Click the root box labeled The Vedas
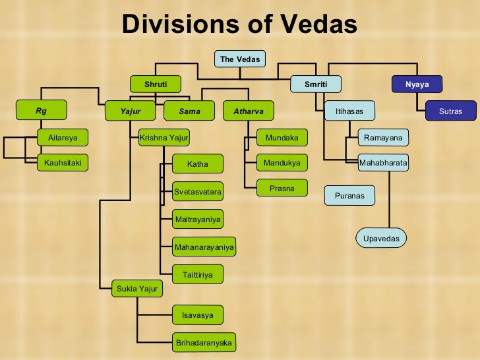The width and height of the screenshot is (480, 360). pyautogui.click(x=240, y=59)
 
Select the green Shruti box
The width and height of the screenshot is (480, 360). pyautogui.click(x=156, y=84)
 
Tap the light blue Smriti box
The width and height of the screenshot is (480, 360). pyautogui.click(x=316, y=84)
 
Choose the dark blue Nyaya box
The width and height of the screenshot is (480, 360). pyautogui.click(x=417, y=84)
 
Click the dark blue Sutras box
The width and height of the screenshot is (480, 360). pyautogui.click(x=450, y=111)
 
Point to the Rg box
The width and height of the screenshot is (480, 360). pyautogui.click(x=42, y=111)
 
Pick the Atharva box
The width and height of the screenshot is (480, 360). pyautogui.click(x=248, y=111)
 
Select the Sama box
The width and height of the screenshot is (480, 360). pyautogui.click(x=189, y=111)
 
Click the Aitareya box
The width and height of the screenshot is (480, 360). pyautogui.click(x=63, y=138)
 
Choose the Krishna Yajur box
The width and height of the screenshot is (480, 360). pyautogui.click(x=164, y=138)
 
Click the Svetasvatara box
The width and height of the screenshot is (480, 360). pyautogui.click(x=198, y=192)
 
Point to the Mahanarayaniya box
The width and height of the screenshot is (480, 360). pyautogui.click(x=204, y=248)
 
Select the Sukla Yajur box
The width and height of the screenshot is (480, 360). pyautogui.click(x=136, y=288)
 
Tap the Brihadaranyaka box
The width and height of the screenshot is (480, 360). pyautogui.click(x=204, y=343)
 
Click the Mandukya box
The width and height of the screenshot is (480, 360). pyautogui.click(x=282, y=162)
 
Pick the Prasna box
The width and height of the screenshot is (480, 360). pyautogui.click(x=282, y=188)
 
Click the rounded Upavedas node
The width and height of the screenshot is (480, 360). pyautogui.click(x=381, y=238)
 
